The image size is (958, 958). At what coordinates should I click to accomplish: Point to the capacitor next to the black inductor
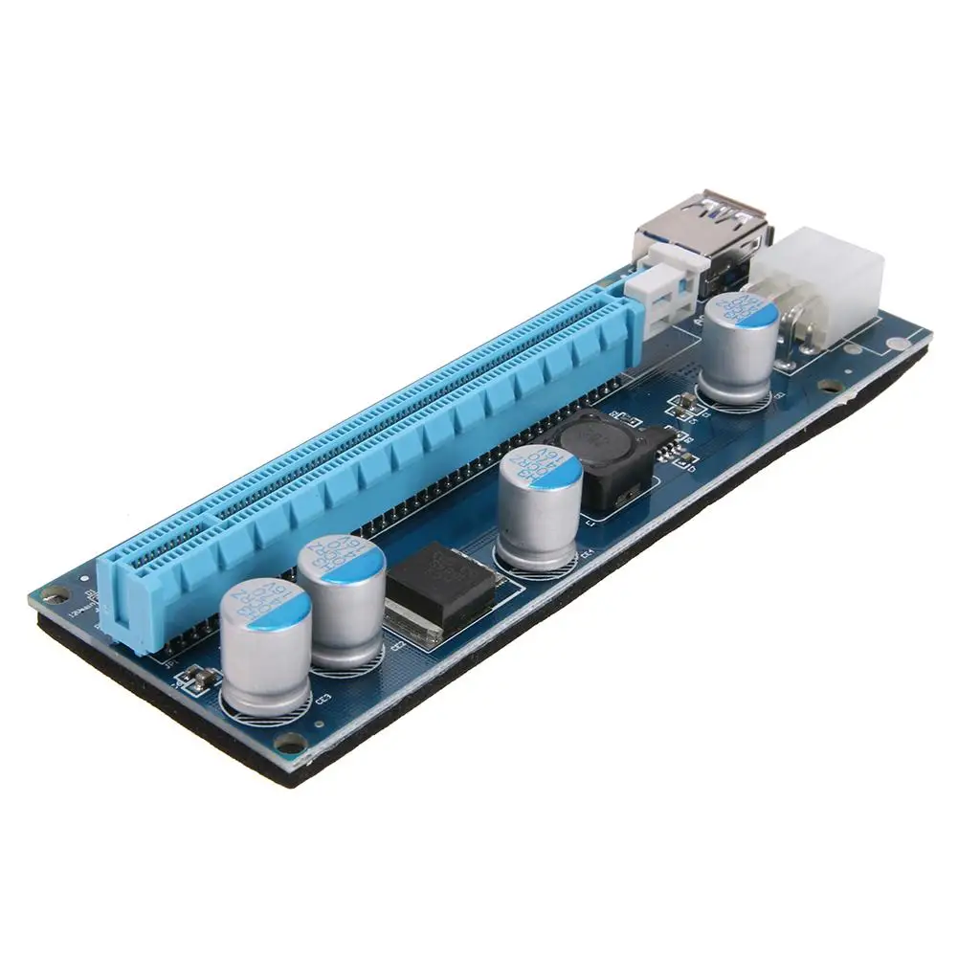coord(539,507)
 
